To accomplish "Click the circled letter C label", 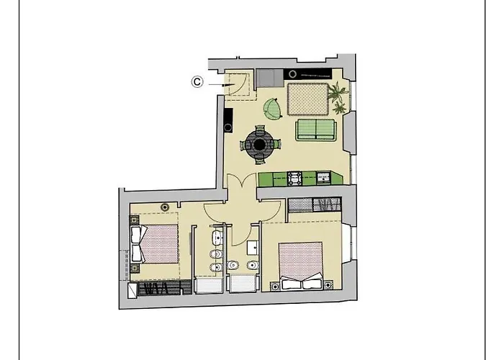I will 197,82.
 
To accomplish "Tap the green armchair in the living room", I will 272,109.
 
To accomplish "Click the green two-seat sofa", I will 315,130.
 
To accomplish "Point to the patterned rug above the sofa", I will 308,99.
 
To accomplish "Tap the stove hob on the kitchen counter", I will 295,177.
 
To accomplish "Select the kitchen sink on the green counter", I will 324,177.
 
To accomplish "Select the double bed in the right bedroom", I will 300,264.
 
